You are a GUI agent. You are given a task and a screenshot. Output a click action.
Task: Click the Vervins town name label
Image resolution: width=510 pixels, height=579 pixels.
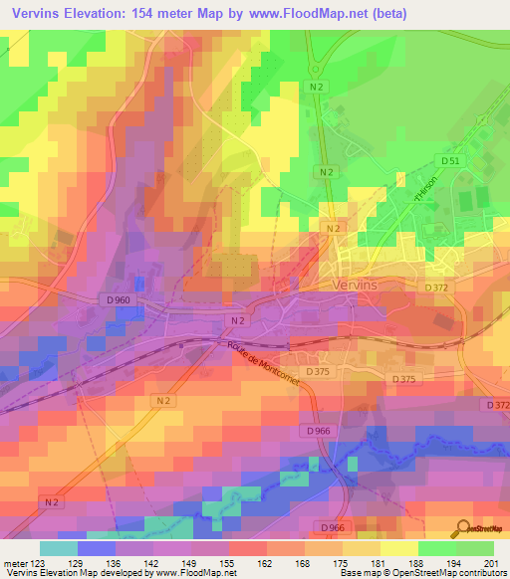(x=354, y=284)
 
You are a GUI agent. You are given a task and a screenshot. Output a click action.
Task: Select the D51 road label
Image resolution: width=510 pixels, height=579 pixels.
(x=450, y=161)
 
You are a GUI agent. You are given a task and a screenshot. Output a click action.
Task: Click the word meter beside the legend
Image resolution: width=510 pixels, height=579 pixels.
(x=14, y=562)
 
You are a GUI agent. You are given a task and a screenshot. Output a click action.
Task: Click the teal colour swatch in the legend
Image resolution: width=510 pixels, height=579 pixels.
(x=59, y=548)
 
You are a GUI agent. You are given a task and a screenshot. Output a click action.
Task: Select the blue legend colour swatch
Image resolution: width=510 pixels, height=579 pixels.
(x=97, y=548)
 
